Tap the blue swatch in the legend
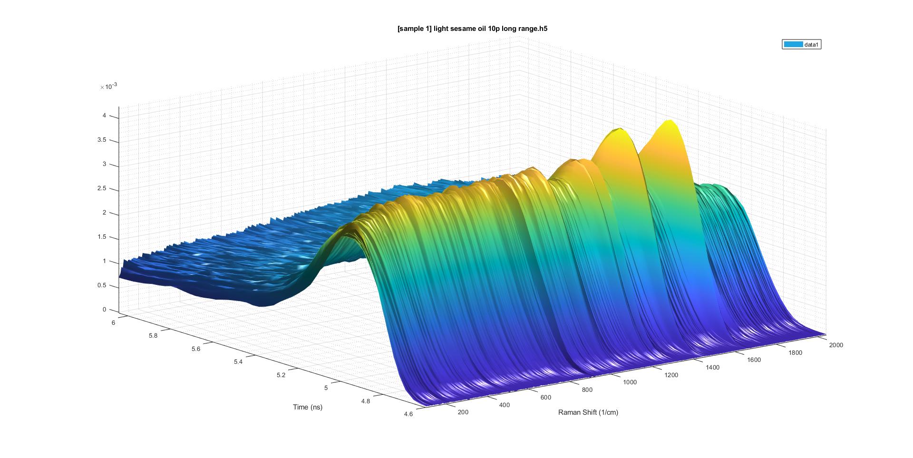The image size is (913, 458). (x=793, y=45)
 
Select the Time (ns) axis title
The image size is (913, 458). (x=308, y=407)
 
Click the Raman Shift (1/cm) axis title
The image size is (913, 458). (x=588, y=412)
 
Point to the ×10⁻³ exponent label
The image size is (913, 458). (x=108, y=87)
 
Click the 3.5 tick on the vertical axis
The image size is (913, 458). (x=101, y=140)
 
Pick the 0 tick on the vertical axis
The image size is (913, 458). (x=105, y=310)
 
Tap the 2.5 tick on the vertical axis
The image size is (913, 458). (x=101, y=189)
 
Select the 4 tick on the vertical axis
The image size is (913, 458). (x=105, y=116)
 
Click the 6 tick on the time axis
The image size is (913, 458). (x=114, y=322)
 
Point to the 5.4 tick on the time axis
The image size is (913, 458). (x=238, y=362)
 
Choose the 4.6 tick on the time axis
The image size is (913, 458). (x=408, y=414)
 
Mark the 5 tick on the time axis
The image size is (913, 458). (x=326, y=388)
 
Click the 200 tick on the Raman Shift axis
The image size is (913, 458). (x=463, y=412)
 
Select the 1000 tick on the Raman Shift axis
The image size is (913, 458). (x=630, y=382)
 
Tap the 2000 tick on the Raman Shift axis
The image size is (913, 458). (x=835, y=345)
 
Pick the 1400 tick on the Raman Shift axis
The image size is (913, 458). (x=712, y=367)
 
